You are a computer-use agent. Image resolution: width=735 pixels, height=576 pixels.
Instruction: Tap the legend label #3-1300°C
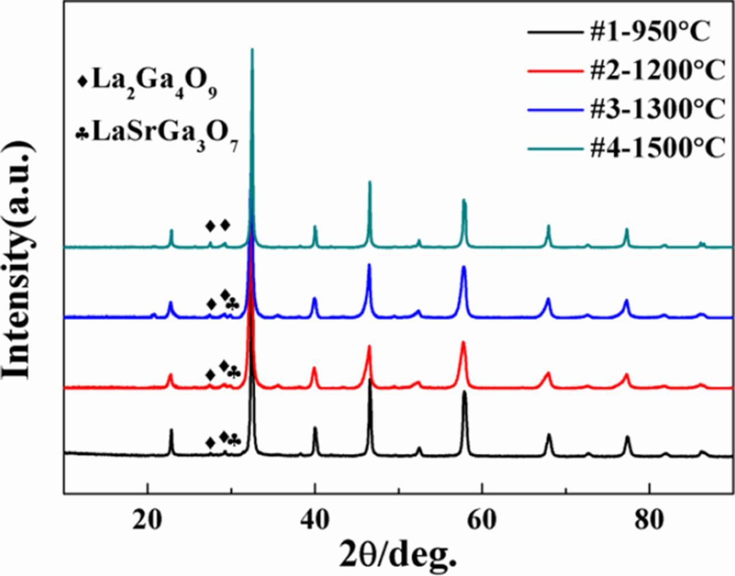coord(657,109)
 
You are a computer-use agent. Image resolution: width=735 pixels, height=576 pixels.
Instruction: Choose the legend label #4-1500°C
coord(657,147)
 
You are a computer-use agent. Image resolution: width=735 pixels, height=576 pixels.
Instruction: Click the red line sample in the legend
coord(552,71)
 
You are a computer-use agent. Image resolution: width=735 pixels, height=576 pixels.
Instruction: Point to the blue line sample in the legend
coord(552,110)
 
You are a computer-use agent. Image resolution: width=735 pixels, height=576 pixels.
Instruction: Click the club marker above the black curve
coord(234,441)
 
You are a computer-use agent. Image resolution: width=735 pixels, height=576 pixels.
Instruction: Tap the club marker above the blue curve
coord(232,304)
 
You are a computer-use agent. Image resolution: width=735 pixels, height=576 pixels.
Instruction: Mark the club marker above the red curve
coord(233,374)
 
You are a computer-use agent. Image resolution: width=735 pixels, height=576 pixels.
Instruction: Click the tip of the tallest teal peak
coord(252,49)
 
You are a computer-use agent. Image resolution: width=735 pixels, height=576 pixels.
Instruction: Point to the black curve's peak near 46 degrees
coord(370,381)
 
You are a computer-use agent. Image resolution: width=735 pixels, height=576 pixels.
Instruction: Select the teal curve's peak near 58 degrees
coord(463,200)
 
